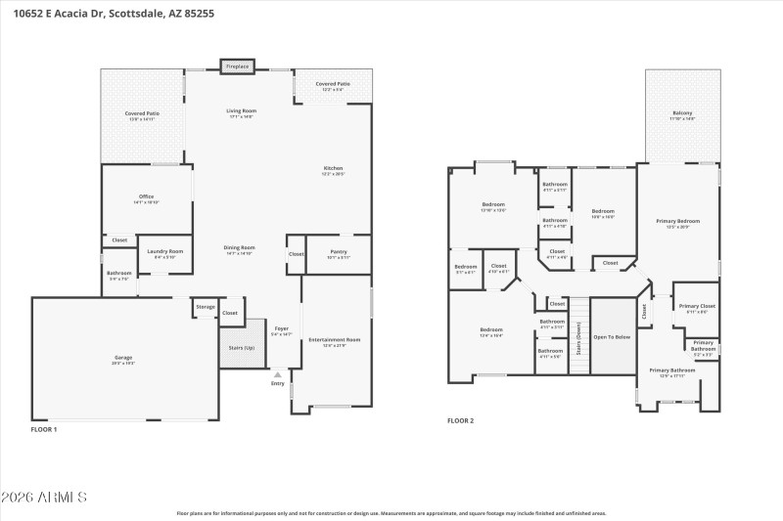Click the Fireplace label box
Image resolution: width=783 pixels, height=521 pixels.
237,66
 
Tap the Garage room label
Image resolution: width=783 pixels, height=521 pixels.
123,360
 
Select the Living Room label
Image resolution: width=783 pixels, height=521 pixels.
242,113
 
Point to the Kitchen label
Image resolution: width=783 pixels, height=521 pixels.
334,170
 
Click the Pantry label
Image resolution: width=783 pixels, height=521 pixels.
339,253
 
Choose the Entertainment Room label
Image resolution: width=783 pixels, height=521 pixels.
335,341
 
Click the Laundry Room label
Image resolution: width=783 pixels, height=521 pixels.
165,253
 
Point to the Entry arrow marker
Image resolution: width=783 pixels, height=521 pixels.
277,374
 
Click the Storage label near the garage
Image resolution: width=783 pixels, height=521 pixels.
205,307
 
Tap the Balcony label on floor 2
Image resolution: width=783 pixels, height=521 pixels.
682,114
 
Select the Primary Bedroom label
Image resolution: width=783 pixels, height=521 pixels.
677,223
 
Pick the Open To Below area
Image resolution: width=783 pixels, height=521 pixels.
613,336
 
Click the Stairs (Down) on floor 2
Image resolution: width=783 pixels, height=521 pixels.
578,336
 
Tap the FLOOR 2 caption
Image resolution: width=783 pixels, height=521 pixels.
460,420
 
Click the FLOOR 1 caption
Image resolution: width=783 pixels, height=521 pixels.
44,429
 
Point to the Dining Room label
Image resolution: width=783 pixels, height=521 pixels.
240,249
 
